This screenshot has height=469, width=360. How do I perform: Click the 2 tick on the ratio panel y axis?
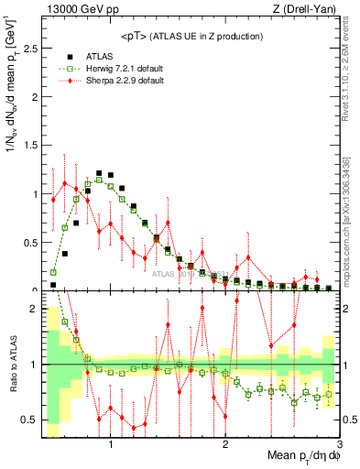click(x=35, y=309)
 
